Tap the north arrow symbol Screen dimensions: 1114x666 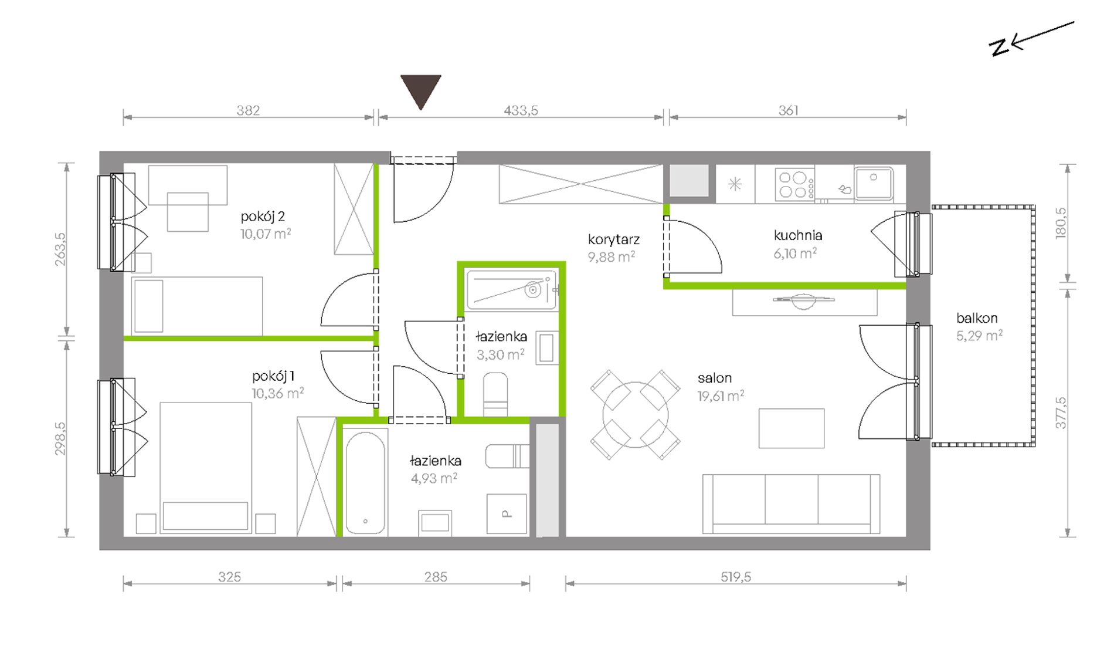coord(1031,39)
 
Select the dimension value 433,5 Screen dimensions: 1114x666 coord(521,110)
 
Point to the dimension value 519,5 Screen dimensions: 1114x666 coord(736,577)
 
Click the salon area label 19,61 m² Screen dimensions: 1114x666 coord(721,395)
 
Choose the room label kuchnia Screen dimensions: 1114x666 coord(798,235)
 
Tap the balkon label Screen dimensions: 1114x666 coord(977,318)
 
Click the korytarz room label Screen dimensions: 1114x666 coord(614,239)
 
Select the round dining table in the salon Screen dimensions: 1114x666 coord(635,414)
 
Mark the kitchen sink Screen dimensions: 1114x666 coord(874,183)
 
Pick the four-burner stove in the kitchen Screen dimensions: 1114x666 coord(794,184)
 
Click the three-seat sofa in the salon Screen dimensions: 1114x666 coord(791,504)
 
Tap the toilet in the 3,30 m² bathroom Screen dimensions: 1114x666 coord(495,394)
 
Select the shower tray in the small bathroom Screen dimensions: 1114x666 coord(511,289)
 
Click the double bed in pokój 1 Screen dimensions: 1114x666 coord(205,468)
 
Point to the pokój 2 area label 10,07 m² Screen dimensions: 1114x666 coord(266,234)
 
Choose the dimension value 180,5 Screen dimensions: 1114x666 coord(1061,222)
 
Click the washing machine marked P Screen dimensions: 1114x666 coord(507,514)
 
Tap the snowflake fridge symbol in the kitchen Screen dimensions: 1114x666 coord(735,184)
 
